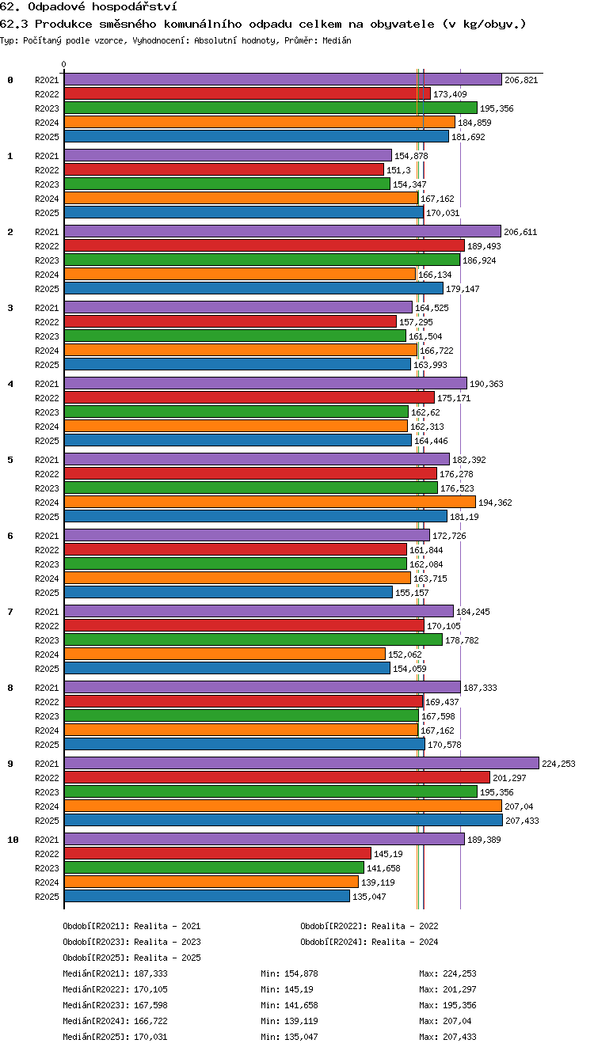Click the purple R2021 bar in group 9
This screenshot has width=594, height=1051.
tap(302, 763)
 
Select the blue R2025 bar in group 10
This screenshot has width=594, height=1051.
tap(207, 896)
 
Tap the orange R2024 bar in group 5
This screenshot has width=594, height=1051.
tap(270, 502)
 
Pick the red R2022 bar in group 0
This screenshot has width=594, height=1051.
tap(247, 94)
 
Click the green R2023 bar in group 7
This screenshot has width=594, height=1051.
tap(253, 639)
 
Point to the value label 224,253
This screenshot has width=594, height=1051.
tap(558, 764)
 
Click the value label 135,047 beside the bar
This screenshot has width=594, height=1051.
tap(369, 897)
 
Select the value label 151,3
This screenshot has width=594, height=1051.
tap(398, 170)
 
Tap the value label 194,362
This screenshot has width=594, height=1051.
tap(495, 503)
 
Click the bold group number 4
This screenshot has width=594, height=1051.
tap(10, 384)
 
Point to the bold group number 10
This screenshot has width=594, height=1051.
tap(13, 840)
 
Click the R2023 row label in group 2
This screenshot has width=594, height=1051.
tap(47, 260)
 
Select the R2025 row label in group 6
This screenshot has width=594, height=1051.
tap(47, 593)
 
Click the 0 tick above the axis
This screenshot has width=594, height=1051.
tap(64, 64)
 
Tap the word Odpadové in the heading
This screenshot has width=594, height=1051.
tap(56, 6)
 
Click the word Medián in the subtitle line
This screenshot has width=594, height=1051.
tap(337, 40)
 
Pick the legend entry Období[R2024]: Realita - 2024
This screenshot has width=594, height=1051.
tap(369, 942)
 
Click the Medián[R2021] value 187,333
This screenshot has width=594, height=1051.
tap(150, 973)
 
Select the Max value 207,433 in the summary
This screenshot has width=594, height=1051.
tap(459, 1037)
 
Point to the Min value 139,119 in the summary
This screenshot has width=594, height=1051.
tap(301, 1020)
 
